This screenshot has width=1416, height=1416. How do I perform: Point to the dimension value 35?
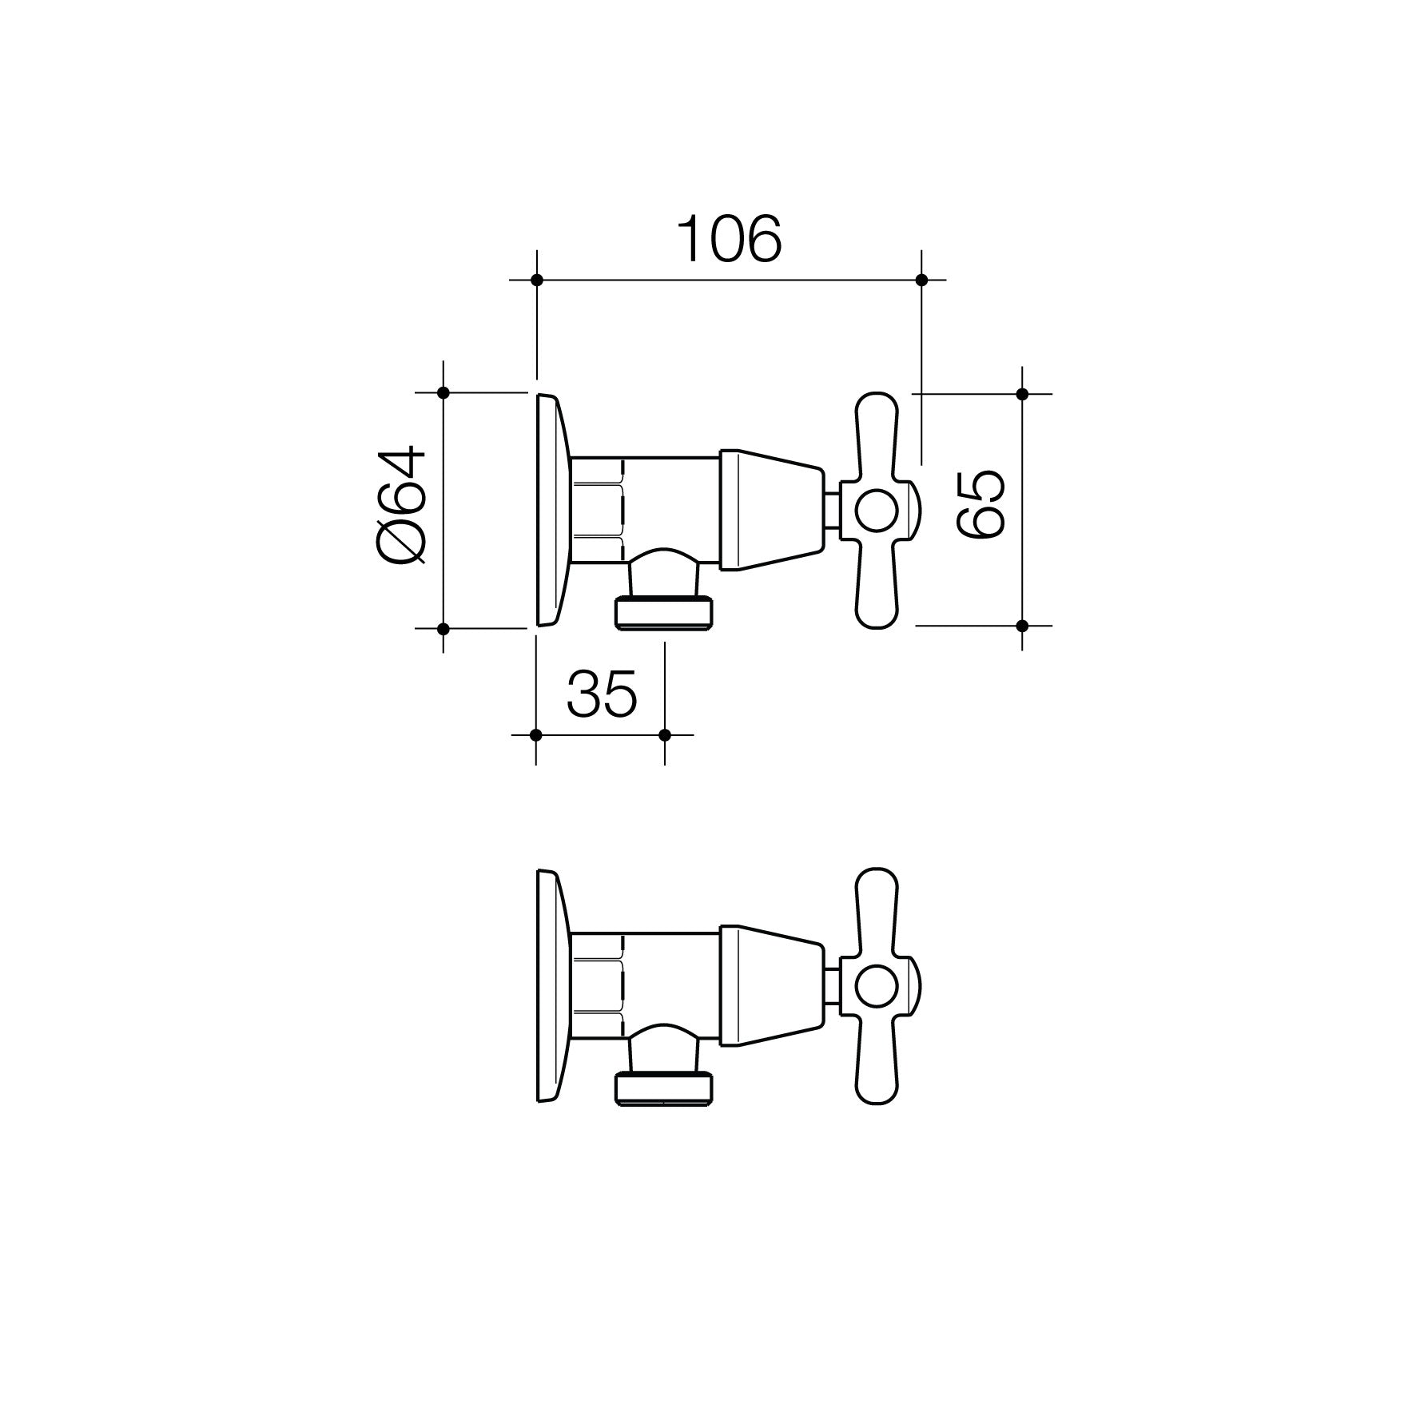(x=602, y=693)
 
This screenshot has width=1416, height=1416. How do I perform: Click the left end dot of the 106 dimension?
(x=537, y=280)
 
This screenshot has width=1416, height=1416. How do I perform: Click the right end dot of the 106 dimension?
(x=921, y=280)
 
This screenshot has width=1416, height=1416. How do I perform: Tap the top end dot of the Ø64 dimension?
(x=443, y=392)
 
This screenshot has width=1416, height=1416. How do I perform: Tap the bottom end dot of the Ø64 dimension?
(x=443, y=628)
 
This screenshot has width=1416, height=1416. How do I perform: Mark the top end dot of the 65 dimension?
(x=1022, y=393)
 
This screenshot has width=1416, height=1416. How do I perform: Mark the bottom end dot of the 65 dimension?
(x=1022, y=625)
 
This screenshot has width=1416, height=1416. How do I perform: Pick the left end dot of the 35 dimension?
(x=536, y=734)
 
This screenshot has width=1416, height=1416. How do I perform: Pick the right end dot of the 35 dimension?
(x=665, y=734)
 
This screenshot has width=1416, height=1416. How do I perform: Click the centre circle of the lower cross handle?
(x=877, y=986)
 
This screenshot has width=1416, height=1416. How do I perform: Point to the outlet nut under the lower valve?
(x=663, y=1089)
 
